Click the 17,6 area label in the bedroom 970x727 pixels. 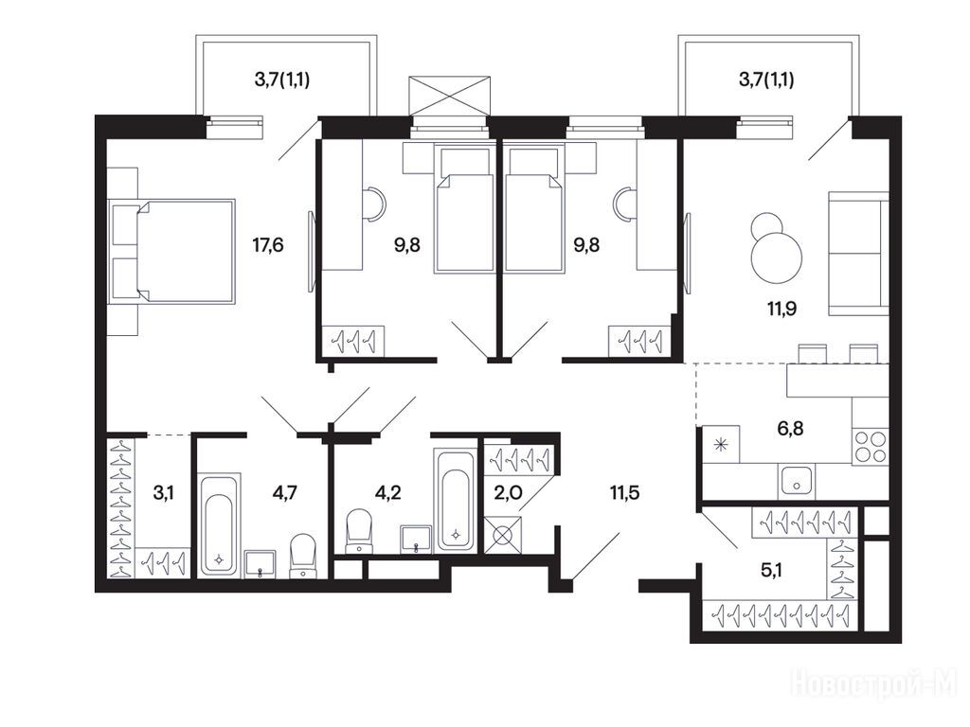coord(268,245)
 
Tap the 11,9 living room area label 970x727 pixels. coord(781,308)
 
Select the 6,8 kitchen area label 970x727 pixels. coord(790,428)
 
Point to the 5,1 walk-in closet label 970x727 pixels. coord(771,570)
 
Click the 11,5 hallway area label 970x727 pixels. coord(625,492)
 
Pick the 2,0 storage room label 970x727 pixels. coord(508,492)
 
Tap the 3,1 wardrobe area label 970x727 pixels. coord(163,492)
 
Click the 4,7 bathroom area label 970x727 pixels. coord(284,492)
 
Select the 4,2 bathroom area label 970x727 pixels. coord(387,492)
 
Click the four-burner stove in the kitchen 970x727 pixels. coord(870,448)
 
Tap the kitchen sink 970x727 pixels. coord(796,481)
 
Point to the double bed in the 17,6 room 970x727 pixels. coord(171,251)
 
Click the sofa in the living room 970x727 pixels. coord(858,253)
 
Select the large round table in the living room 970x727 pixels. coord(777,256)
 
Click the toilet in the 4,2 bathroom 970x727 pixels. coord(358,530)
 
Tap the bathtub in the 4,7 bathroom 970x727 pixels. coord(218,525)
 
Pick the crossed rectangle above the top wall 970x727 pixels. coord(450,97)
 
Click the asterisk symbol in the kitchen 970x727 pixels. coord(720,444)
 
